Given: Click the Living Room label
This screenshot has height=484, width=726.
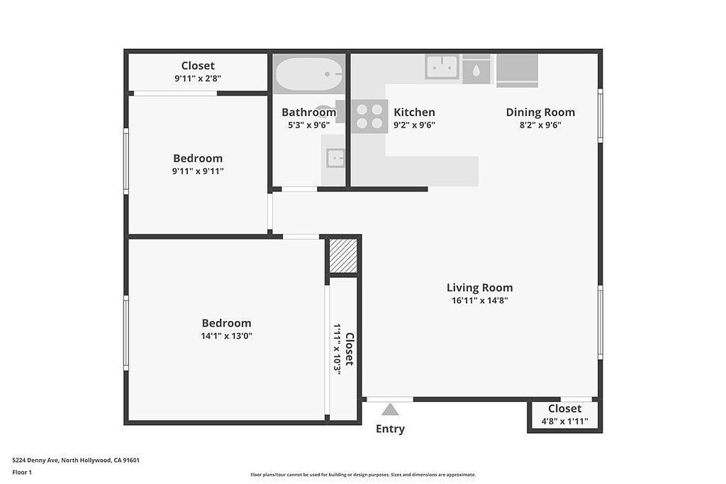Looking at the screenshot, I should coord(479,288).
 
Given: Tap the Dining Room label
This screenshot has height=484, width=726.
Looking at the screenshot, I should coord(540,112).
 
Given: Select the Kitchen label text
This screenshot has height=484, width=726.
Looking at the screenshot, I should coord(414,112).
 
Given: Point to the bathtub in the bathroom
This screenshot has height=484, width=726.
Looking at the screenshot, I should coord(308,74).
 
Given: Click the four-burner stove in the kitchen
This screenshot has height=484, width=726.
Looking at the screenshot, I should coord(369,116).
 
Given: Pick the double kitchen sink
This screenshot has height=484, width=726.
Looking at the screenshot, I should coord(442,67).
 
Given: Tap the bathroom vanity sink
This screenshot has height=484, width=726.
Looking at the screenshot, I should coord(335,157).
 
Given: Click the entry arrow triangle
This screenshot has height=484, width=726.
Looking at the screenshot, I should coord(390,409).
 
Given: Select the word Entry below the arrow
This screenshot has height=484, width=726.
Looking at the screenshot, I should coord(390,429).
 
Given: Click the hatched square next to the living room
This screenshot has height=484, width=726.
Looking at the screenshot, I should coord(343,255).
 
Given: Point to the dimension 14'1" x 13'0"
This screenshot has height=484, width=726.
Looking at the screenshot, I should coord(226,336).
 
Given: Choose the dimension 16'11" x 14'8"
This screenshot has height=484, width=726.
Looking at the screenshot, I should coord(479,300).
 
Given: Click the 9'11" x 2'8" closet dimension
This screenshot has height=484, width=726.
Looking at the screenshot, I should coord(198,79).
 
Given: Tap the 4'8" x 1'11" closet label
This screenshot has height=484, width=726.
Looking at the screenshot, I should coord(564,421).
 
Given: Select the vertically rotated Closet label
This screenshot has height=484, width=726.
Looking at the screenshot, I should coord(349,349).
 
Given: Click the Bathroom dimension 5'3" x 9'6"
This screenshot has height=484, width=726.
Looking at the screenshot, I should coord(308,125).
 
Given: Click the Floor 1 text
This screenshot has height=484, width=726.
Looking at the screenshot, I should coord(22,472).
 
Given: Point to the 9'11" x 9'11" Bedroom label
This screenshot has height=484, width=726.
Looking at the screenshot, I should coord(198,164).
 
